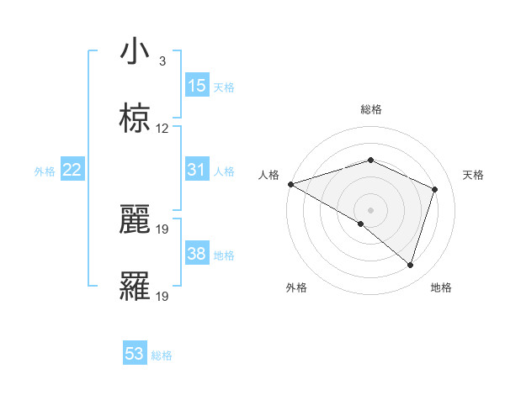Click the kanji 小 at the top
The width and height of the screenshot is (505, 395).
(x=135, y=52)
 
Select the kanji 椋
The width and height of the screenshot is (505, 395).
(x=135, y=119)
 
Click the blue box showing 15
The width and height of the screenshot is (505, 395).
(x=197, y=86)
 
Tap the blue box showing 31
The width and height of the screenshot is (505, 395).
(x=197, y=170)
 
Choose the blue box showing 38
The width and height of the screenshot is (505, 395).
(x=197, y=254)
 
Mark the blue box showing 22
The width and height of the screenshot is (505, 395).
(x=72, y=170)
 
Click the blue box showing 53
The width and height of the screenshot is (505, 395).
(x=135, y=354)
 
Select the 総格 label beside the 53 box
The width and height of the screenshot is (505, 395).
(x=162, y=355)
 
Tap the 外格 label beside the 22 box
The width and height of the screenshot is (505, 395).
(x=45, y=171)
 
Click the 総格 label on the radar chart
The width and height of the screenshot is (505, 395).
(x=370, y=109)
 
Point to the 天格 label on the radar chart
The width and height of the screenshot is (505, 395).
(x=473, y=175)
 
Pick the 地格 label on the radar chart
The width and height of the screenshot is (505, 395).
(x=441, y=287)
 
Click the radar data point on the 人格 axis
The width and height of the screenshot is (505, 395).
(x=290, y=184)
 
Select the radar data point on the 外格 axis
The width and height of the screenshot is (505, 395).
(x=361, y=224)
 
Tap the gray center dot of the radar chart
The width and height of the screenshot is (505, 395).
(x=370, y=209)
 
